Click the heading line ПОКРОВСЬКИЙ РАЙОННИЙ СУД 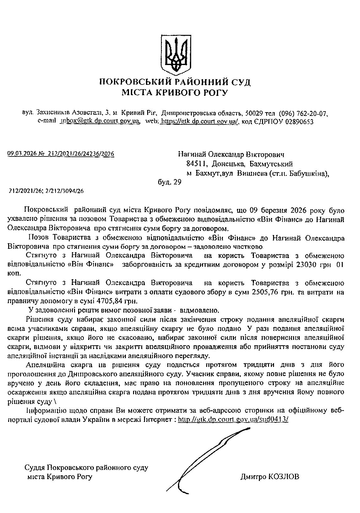[175, 83]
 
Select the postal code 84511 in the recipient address [196, 164]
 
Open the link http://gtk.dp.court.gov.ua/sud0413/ [233, 420]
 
